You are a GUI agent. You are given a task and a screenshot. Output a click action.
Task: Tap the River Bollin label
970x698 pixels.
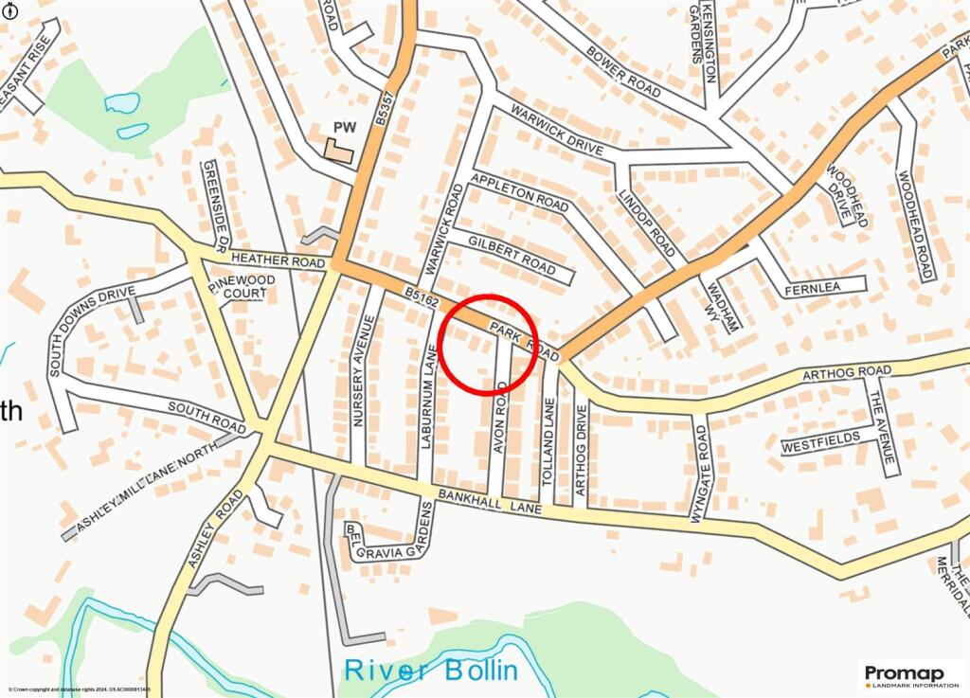pyautogui.click(x=431, y=671)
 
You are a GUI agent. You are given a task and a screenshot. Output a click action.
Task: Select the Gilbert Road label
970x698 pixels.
pyautogui.click(x=511, y=255)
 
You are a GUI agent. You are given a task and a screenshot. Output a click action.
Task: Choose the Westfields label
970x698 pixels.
pyautogui.click(x=820, y=440)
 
